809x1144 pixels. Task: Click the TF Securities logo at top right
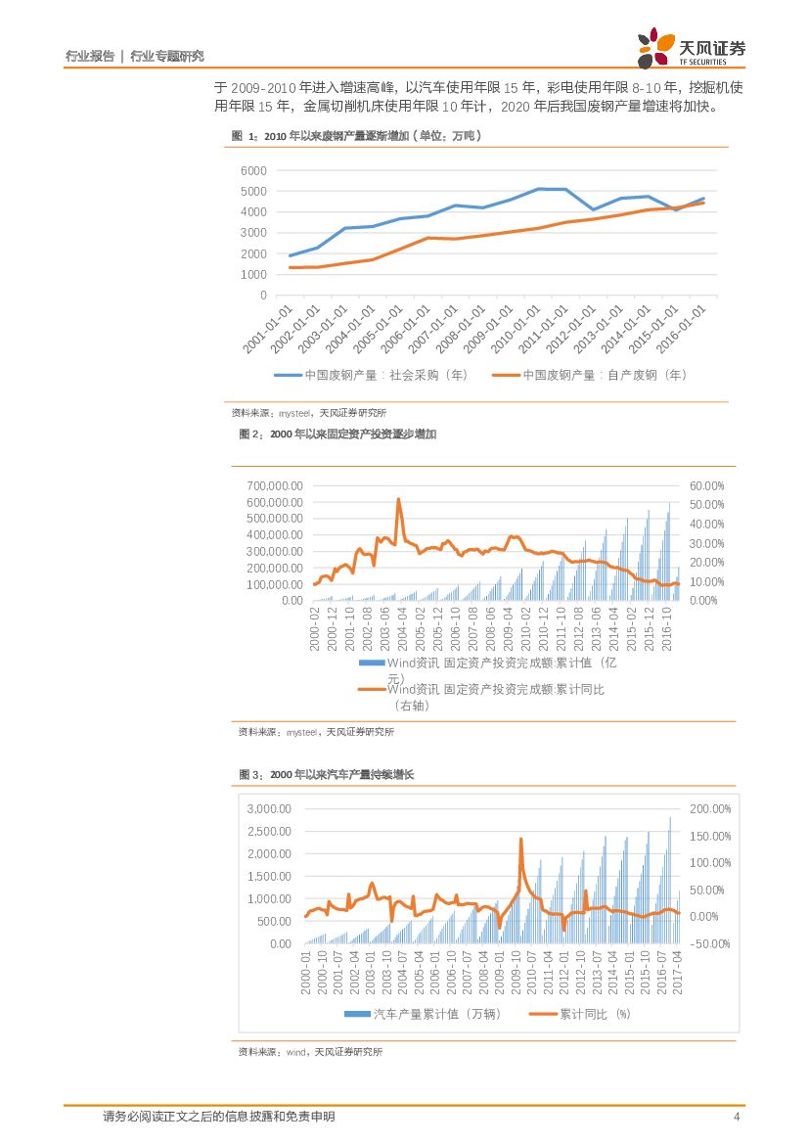click(x=691, y=48)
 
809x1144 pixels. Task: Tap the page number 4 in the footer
click(x=736, y=1117)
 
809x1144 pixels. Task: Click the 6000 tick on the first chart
click(x=252, y=170)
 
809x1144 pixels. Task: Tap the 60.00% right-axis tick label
click(x=706, y=485)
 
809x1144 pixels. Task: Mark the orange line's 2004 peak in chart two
click(x=398, y=499)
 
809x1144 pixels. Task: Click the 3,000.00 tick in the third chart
click(x=268, y=809)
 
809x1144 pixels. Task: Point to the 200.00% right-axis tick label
click(x=710, y=809)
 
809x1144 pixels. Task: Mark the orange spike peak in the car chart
click(x=520, y=839)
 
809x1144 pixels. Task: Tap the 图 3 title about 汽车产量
click(x=327, y=775)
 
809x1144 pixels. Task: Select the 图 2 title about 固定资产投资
click(x=337, y=435)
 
